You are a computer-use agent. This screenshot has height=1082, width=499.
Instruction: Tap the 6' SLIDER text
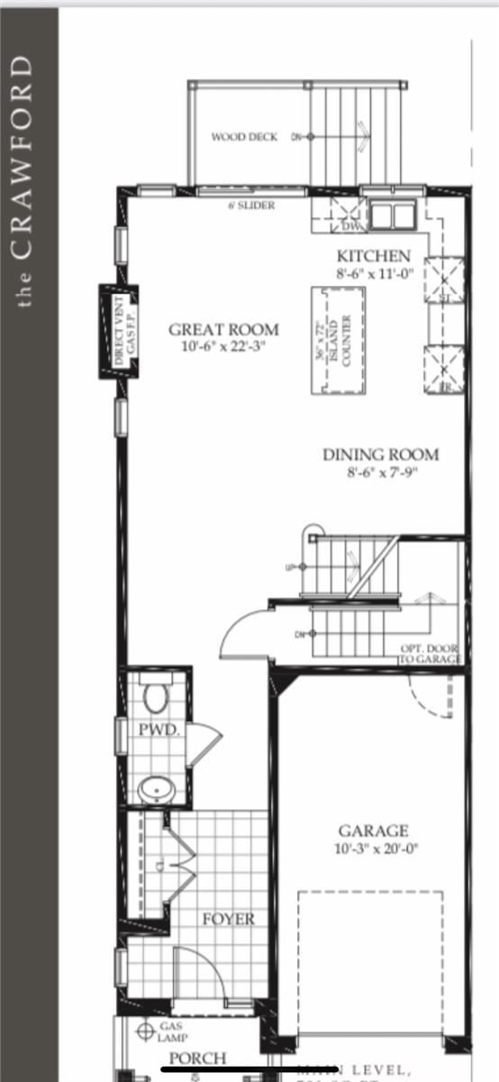click(x=251, y=206)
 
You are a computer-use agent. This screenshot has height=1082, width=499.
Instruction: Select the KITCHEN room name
click(x=374, y=256)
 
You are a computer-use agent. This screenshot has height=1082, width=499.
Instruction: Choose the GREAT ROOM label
click(x=223, y=329)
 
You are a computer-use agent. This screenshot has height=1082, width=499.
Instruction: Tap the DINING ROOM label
click(x=381, y=454)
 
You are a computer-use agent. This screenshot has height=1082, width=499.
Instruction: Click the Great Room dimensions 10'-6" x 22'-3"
click(x=223, y=346)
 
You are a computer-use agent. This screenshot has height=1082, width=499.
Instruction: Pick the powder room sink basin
click(x=155, y=790)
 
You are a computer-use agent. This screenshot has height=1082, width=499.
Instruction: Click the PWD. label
click(x=159, y=729)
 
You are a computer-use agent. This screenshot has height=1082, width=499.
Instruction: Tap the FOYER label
click(x=228, y=919)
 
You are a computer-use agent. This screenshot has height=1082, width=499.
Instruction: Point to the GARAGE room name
click(x=373, y=830)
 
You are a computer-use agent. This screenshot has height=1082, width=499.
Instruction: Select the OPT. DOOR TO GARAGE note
click(x=430, y=654)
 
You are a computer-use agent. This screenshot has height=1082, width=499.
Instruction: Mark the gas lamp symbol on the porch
click(x=142, y=1031)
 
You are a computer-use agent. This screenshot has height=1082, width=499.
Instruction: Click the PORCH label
click(x=198, y=1058)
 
